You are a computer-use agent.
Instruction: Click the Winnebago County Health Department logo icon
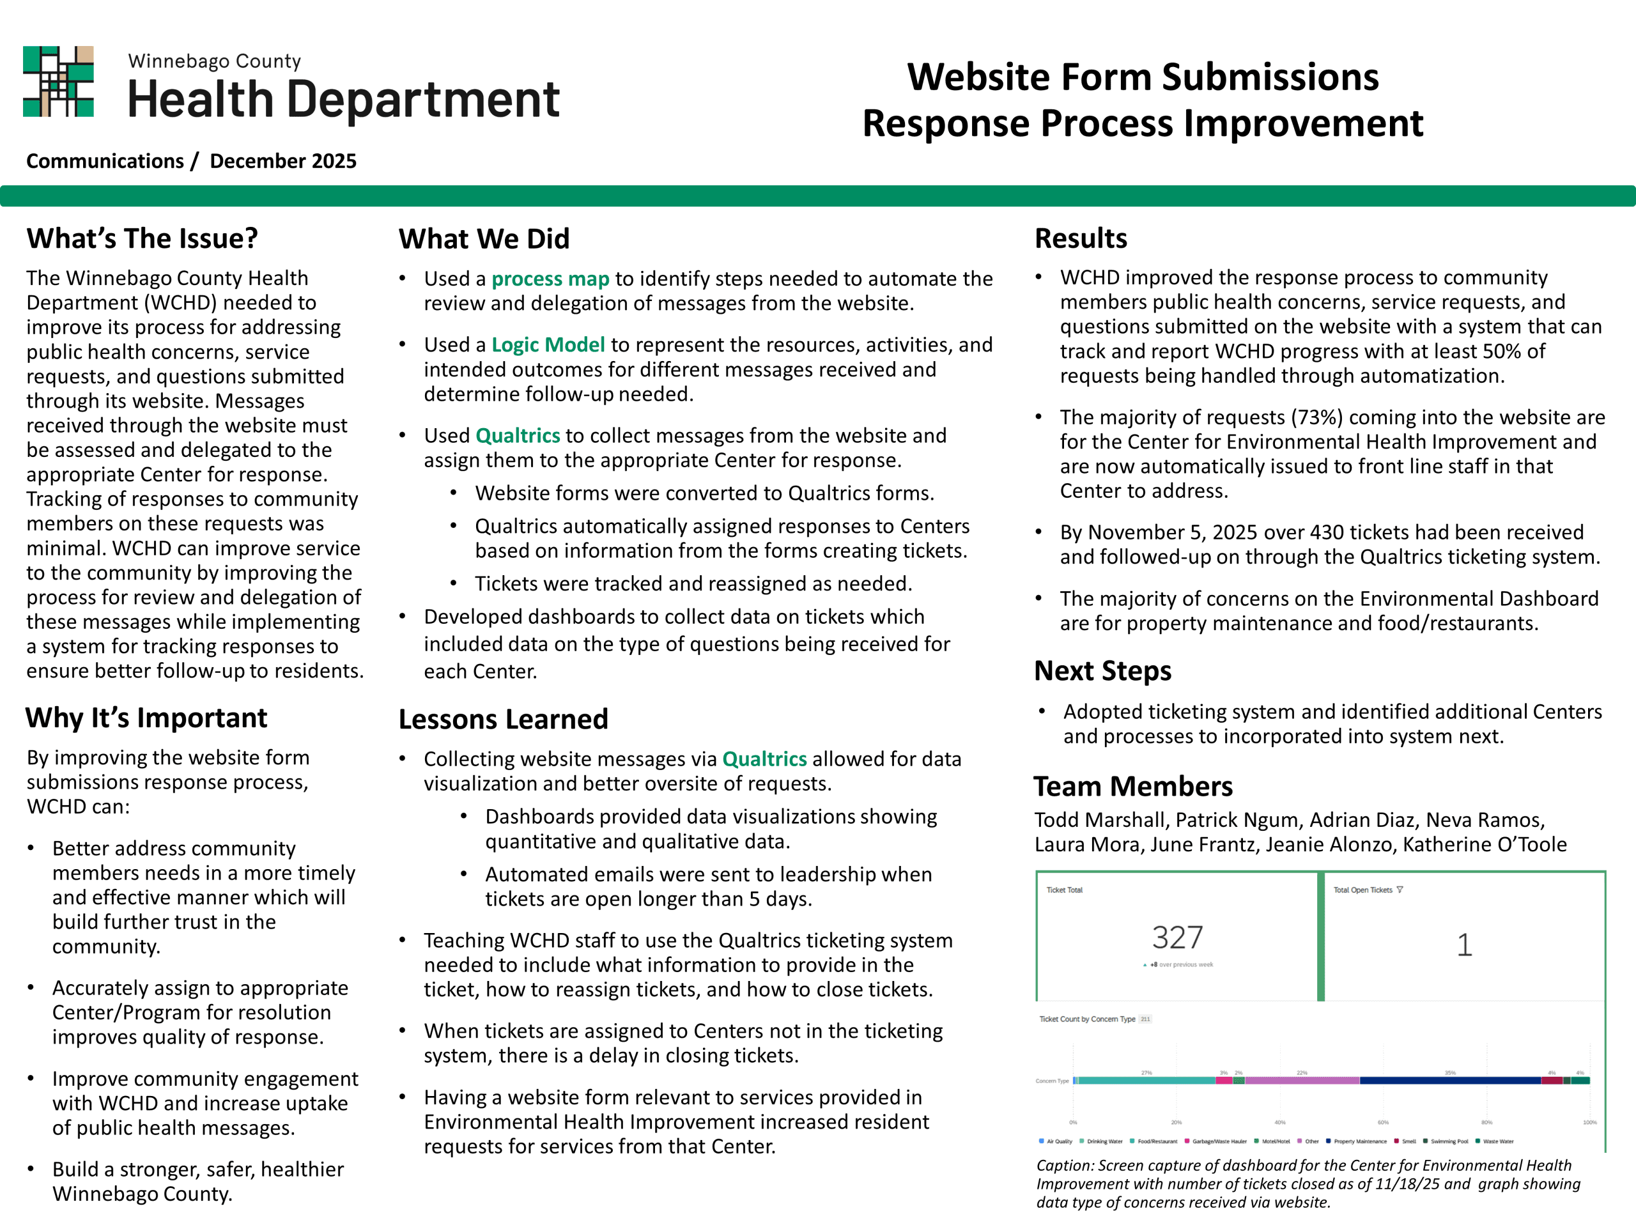58,81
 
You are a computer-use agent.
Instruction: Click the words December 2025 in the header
282,161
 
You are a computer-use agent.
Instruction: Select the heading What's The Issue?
142,239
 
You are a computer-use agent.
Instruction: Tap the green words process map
550,279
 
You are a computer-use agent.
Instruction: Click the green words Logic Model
548,345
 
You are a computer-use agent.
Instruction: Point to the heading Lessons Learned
503,720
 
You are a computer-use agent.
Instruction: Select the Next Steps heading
1102,671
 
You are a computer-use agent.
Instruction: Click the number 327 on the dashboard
1177,938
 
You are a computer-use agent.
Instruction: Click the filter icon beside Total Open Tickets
1400,890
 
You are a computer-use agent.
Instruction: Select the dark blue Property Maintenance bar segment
1449,1081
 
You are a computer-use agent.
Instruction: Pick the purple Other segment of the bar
1302,1081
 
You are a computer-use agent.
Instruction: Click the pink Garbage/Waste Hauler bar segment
1224,1081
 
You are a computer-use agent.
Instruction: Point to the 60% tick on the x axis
1382,1123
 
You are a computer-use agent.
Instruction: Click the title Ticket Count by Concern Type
1086,1019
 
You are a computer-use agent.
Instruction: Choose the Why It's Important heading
146,718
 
